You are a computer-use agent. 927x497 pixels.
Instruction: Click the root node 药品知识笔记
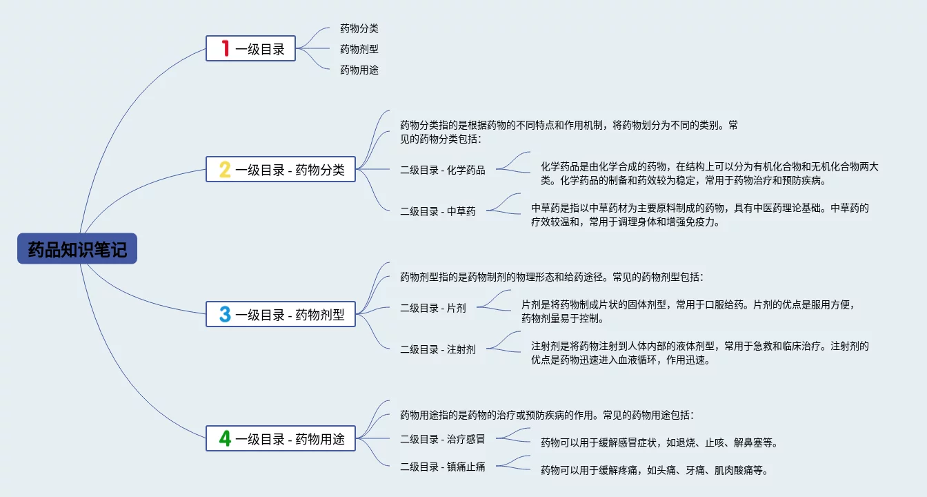coord(77,249)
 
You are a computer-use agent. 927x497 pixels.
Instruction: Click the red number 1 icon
coord(225,49)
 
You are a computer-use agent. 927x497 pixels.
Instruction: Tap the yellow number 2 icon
coord(225,170)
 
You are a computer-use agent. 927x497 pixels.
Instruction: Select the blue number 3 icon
coord(225,315)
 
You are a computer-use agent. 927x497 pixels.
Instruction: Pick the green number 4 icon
coord(225,438)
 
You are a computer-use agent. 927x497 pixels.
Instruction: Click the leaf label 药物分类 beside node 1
coord(359,29)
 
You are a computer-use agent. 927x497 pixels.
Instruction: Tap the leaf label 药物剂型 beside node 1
coord(359,50)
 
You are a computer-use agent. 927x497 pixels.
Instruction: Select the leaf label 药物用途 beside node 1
coord(359,70)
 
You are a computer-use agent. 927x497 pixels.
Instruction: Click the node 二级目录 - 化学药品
coord(442,170)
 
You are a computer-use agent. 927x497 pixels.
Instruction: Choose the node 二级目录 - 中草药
coord(437,211)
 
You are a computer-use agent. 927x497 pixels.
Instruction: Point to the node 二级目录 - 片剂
coord(432,308)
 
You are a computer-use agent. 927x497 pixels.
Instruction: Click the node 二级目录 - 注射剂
coord(437,349)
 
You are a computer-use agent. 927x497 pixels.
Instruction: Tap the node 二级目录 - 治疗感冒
coord(442,439)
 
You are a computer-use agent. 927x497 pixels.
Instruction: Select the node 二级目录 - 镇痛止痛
coord(442,467)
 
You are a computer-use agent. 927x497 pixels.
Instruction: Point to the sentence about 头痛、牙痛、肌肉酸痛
coord(654,471)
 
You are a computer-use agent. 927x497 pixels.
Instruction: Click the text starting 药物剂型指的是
coord(551,277)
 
